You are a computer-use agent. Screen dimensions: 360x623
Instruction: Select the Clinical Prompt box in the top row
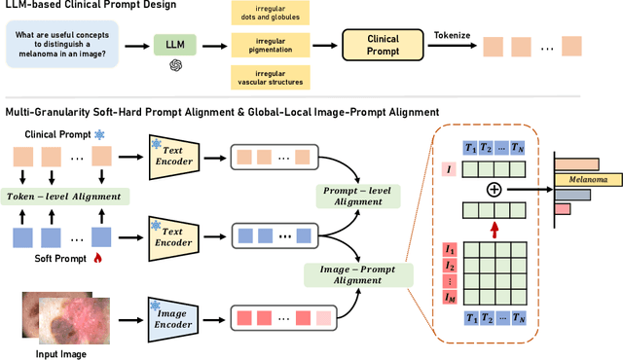[x=382, y=44]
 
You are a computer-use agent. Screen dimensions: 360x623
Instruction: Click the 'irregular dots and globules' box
[x=269, y=13]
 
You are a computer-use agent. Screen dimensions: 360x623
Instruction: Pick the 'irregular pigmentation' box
[x=269, y=45]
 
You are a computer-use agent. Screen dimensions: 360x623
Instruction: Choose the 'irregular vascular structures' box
[x=269, y=77]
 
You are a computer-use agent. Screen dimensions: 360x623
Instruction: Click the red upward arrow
[x=494, y=229]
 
